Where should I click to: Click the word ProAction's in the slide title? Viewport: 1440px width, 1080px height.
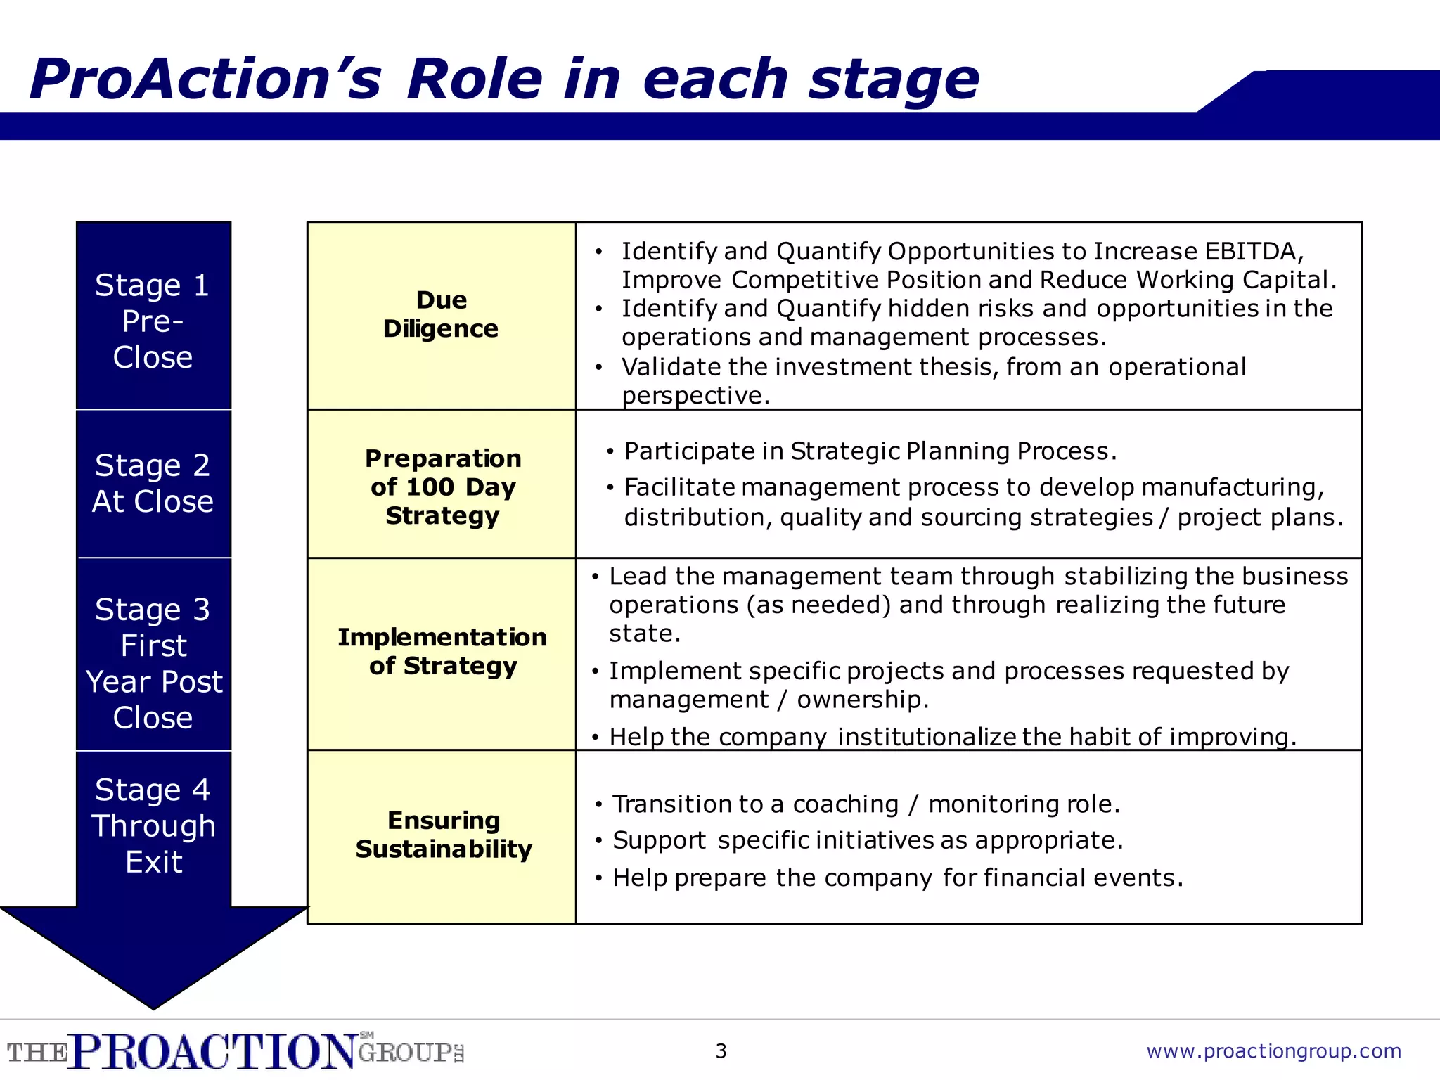pyautogui.click(x=205, y=79)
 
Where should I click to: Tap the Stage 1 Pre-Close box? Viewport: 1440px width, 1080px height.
pyautogui.click(x=153, y=321)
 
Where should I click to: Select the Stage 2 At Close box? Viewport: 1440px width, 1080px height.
pyautogui.click(x=153, y=483)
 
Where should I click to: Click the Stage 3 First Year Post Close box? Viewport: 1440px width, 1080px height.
pyautogui.click(x=153, y=663)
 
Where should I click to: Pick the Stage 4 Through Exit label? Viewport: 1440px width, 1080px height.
pyautogui.click(x=153, y=825)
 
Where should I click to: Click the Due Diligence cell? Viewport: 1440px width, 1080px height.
pyautogui.click(x=441, y=315)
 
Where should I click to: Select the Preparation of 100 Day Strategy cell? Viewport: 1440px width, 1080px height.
pyautogui.click(x=442, y=487)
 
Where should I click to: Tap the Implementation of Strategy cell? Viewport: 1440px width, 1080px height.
pyautogui.click(x=442, y=651)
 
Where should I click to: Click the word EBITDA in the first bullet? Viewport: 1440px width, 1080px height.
pyautogui.click(x=1254, y=251)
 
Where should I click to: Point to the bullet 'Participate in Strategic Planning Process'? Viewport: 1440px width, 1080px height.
pyautogui.click(x=870, y=451)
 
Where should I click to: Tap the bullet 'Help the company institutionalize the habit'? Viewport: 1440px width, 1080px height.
pyautogui.click(x=952, y=736)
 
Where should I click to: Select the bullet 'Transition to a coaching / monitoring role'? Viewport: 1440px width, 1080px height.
pyautogui.click(x=866, y=804)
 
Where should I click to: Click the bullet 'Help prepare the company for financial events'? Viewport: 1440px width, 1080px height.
pyautogui.click(x=897, y=877)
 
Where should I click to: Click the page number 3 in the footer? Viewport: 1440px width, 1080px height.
pyautogui.click(x=721, y=1051)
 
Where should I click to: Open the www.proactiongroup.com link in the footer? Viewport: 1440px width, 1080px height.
pyautogui.click(x=1273, y=1051)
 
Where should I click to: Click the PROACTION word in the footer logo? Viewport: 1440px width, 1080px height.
pyautogui.click(x=214, y=1052)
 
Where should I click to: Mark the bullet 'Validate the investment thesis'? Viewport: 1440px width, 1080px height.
pyautogui.click(x=933, y=367)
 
